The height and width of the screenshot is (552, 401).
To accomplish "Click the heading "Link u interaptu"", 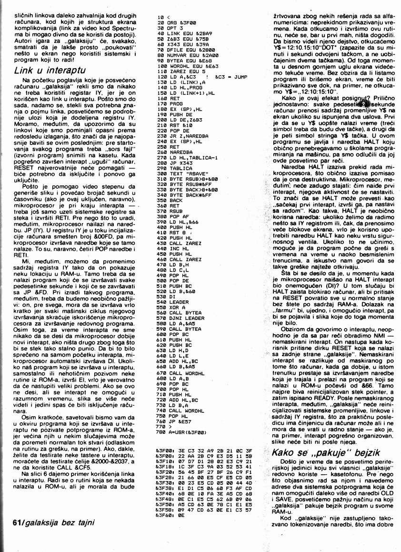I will (47, 70).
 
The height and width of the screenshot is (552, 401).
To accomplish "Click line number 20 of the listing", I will (160, 22).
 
